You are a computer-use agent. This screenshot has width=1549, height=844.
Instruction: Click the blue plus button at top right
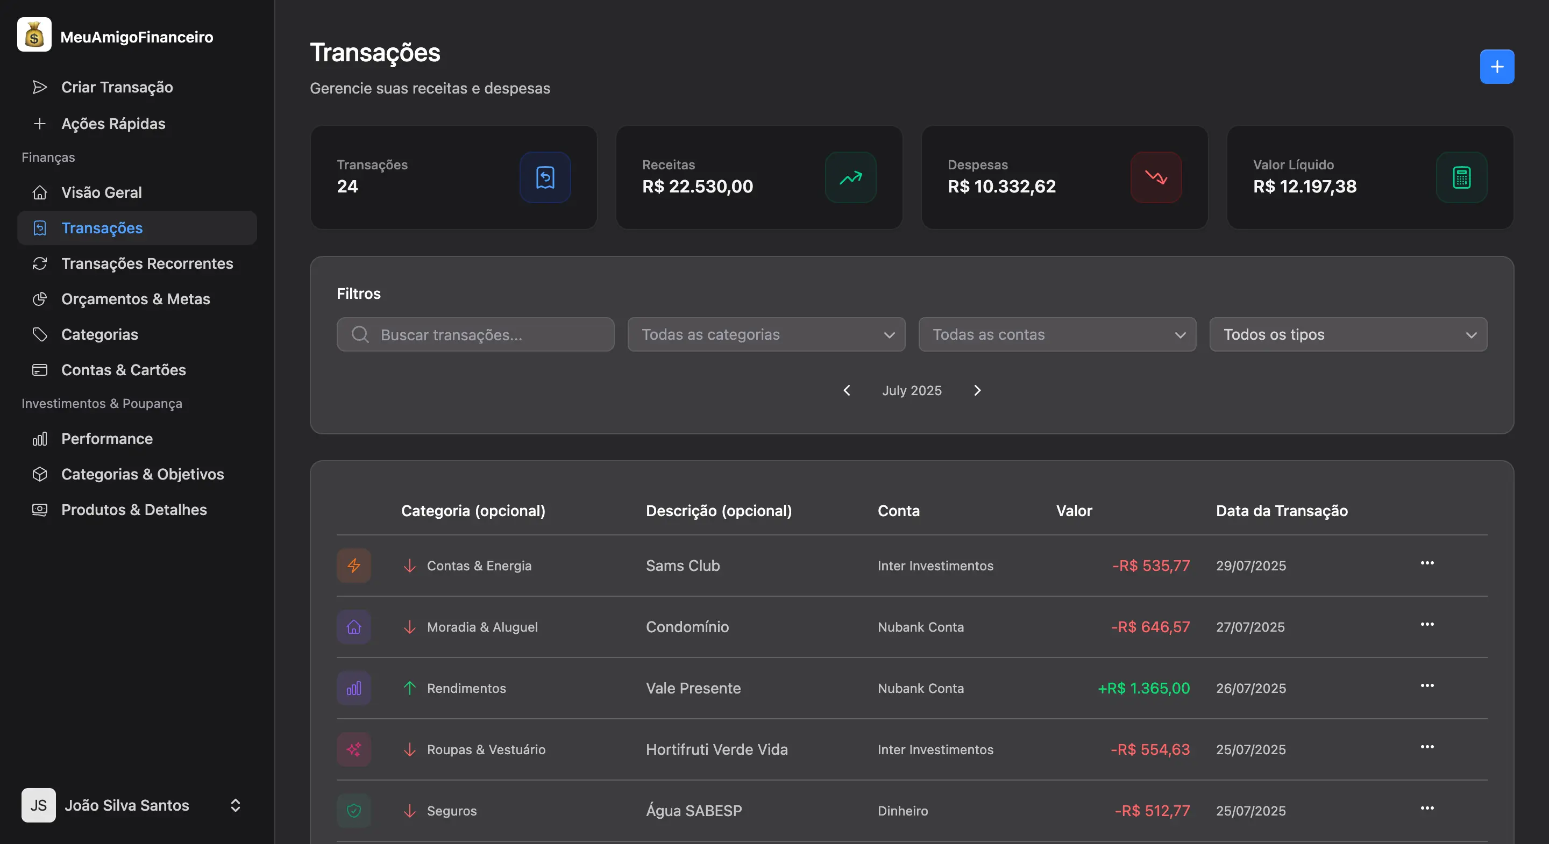pyautogui.click(x=1497, y=67)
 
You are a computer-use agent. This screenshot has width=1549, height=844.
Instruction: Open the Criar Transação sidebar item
pyautogui.click(x=117, y=87)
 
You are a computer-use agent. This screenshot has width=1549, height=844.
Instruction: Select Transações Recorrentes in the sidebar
pyautogui.click(x=147, y=263)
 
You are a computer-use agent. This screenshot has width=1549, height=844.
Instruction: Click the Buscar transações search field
pyautogui.click(x=475, y=334)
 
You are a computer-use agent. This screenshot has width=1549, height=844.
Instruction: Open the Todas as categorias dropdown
pyautogui.click(x=766, y=334)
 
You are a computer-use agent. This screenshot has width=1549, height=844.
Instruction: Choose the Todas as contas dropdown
pyautogui.click(x=1057, y=334)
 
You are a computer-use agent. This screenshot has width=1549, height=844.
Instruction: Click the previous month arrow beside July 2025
pyautogui.click(x=847, y=391)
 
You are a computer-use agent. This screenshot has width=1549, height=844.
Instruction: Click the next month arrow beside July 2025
pyautogui.click(x=977, y=391)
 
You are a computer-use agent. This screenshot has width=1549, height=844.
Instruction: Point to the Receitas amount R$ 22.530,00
pyautogui.click(x=698, y=187)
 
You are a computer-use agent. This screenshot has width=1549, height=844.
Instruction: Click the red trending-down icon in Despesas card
pyautogui.click(x=1156, y=177)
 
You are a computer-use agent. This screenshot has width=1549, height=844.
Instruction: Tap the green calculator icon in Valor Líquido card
pyautogui.click(x=1461, y=177)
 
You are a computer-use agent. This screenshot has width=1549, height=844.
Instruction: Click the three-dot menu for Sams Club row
pyautogui.click(x=1427, y=563)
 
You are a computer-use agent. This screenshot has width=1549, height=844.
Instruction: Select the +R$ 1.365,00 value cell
pyautogui.click(x=1143, y=688)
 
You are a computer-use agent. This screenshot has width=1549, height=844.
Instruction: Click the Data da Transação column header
pyautogui.click(x=1281, y=511)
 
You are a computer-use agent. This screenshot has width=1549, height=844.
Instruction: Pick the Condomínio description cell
pyautogui.click(x=687, y=627)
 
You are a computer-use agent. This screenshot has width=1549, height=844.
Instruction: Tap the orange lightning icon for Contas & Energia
pyautogui.click(x=353, y=566)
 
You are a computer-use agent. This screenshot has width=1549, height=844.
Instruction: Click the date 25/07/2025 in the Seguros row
pyautogui.click(x=1250, y=811)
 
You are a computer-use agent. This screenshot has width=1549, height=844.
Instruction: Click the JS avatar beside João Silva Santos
pyautogui.click(x=39, y=805)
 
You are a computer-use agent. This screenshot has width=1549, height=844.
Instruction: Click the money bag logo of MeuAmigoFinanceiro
pyautogui.click(x=34, y=35)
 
